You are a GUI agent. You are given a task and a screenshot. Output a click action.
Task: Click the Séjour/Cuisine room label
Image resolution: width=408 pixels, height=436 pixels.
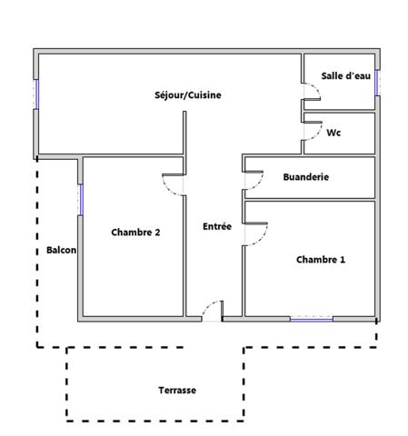(188, 94)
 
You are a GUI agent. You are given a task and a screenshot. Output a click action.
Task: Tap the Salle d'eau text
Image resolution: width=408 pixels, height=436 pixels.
(345, 76)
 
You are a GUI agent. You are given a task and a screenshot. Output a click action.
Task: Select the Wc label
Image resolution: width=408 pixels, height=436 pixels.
(333, 133)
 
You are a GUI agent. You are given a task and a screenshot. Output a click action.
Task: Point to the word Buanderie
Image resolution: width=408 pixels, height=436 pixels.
(305, 177)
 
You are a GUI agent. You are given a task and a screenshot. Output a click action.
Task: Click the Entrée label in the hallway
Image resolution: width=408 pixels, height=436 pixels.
(216, 225)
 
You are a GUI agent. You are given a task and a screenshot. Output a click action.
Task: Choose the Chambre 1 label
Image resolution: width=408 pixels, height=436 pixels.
(321, 260)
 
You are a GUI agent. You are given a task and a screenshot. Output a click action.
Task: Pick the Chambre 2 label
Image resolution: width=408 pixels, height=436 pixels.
(135, 233)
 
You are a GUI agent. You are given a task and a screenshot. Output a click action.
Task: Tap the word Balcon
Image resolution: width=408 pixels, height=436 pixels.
(61, 251)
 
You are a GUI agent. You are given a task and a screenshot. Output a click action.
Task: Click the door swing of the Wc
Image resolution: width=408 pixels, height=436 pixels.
(313, 129)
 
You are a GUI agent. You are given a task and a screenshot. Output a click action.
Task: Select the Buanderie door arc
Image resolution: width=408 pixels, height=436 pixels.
(251, 182)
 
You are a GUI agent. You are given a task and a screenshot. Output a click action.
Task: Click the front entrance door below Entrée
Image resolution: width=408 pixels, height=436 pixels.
(212, 311)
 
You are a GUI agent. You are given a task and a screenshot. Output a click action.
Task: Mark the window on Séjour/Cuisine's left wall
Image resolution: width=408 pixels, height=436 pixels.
(37, 94)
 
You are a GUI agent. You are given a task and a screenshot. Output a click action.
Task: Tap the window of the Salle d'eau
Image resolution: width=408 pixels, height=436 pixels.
(375, 81)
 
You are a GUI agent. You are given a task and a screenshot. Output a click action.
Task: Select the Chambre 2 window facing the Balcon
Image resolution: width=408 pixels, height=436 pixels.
(81, 199)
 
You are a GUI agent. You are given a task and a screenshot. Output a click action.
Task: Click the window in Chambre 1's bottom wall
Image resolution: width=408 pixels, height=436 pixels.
(311, 318)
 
